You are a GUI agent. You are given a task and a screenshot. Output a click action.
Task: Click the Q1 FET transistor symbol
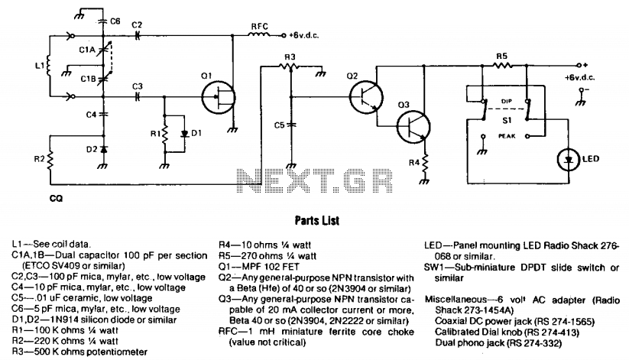219,97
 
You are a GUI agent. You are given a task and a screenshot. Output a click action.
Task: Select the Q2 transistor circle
366,97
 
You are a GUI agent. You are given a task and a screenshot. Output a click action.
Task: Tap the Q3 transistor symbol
413,126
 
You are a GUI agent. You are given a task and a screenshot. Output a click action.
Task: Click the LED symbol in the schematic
569,159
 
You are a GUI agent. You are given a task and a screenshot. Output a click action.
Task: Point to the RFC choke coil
259,35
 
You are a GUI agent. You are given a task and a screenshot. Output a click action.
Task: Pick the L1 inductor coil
49,66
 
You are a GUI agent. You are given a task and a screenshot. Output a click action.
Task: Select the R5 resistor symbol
503,65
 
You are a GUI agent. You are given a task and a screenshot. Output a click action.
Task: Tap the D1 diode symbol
184,134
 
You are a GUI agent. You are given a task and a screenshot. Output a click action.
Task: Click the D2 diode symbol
103,149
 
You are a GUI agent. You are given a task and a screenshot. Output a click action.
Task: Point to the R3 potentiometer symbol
290,66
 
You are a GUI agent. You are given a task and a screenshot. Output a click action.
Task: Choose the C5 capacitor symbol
292,125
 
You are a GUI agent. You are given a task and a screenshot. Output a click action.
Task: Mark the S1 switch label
507,120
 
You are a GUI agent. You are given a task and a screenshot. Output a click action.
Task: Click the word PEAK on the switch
507,136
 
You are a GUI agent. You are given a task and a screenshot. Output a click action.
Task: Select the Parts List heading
317,220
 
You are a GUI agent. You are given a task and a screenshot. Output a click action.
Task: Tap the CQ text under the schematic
56,198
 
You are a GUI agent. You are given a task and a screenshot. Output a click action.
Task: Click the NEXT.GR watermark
315,180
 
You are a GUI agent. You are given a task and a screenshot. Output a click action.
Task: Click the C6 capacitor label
115,21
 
